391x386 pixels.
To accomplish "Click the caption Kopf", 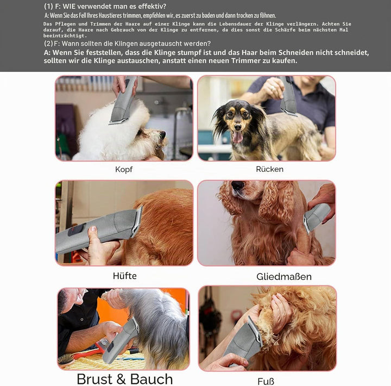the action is tap(124, 170).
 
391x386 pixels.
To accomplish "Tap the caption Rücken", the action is tap(269, 169).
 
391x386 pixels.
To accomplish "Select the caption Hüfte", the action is tap(125, 276).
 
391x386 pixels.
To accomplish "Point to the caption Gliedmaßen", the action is tap(284, 277).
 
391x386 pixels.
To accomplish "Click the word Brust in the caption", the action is tap(94, 379).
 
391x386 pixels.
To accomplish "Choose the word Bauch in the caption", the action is tap(152, 379).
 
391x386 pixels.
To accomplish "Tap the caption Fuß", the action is tap(266, 382).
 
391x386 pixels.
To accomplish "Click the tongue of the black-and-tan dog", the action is tap(237, 137).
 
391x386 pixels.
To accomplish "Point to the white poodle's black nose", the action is tap(162, 134).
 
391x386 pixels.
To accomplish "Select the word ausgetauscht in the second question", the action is tap(149, 43).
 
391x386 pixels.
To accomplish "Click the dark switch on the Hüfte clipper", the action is tap(77, 229).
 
